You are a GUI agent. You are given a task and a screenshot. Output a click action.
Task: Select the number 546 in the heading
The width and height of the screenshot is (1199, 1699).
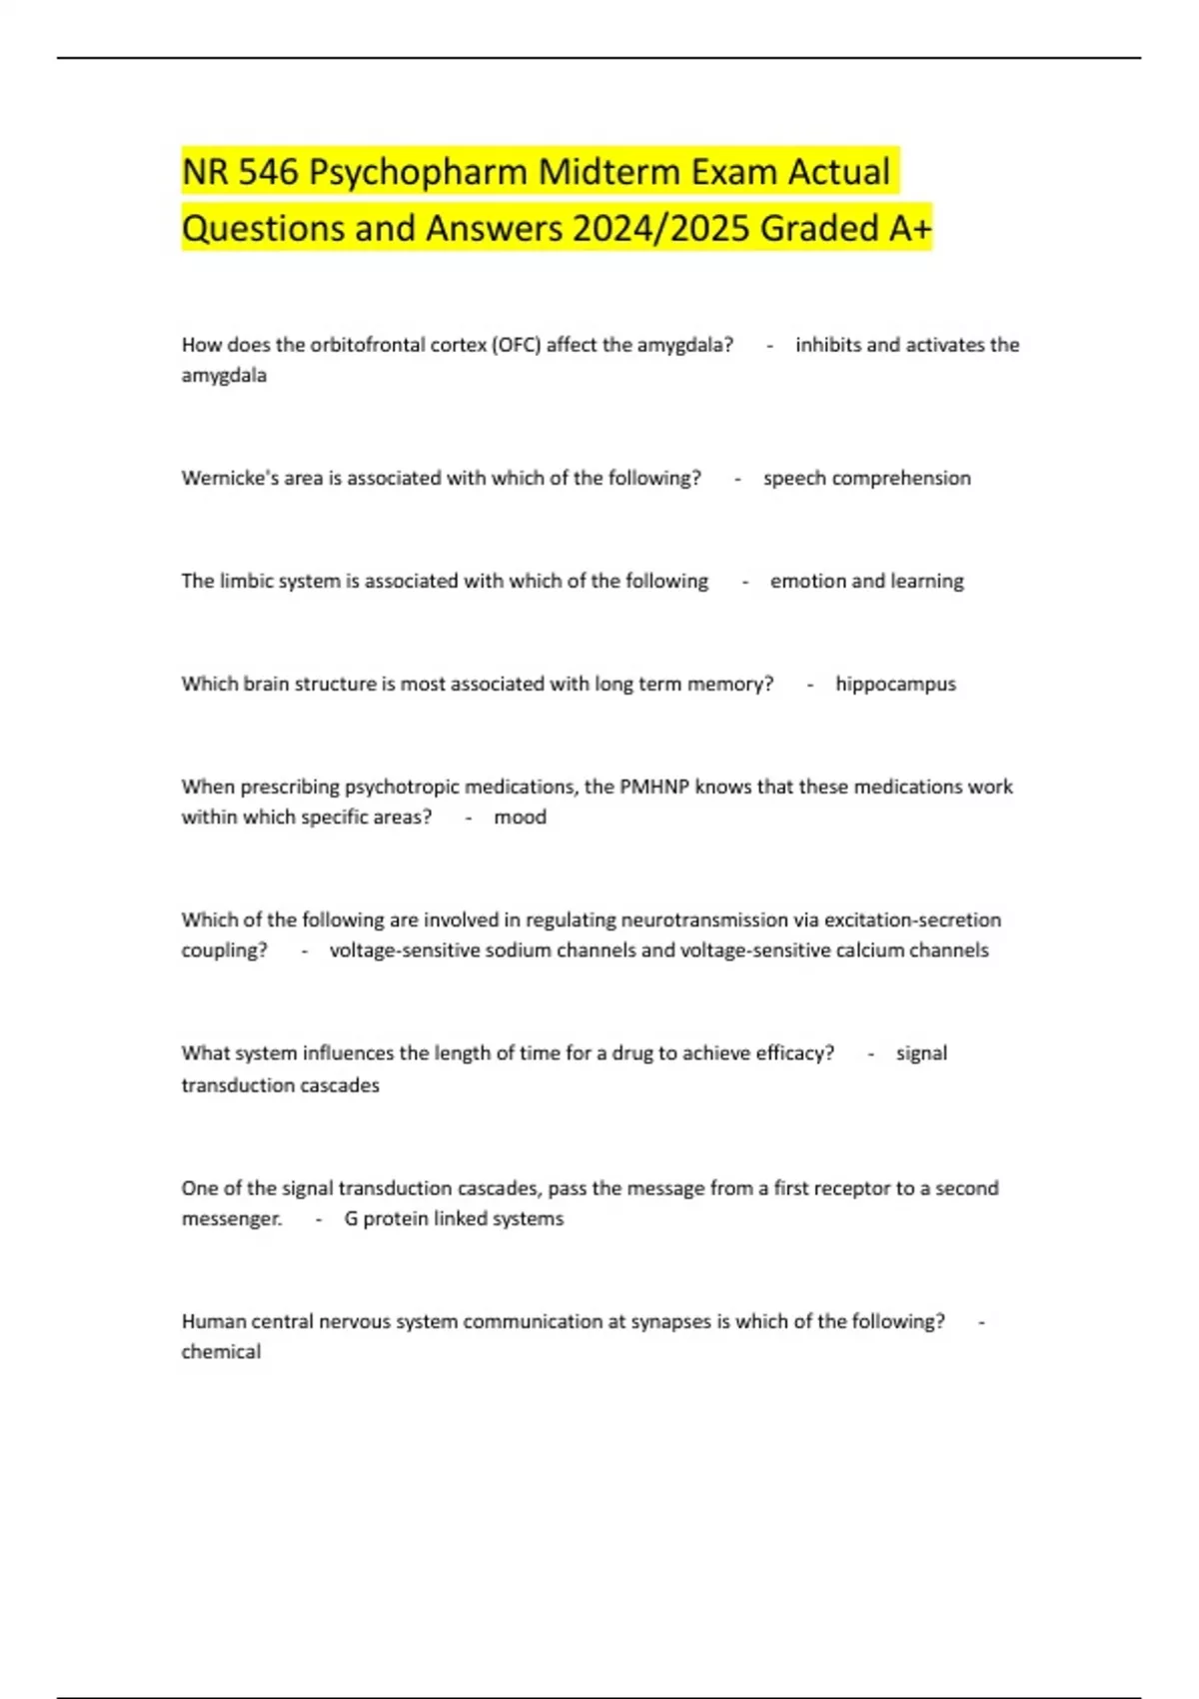click(x=269, y=172)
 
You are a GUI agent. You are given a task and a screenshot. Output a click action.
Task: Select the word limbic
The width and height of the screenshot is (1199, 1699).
click(x=246, y=581)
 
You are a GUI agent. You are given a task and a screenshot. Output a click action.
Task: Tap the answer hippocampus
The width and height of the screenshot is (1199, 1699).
click(x=895, y=684)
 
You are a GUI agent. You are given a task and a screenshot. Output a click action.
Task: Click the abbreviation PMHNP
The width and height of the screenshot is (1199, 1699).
click(x=654, y=787)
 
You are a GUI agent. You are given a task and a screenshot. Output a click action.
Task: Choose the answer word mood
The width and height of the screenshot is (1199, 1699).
click(x=520, y=817)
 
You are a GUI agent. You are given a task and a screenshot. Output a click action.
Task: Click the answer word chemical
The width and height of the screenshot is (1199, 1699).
click(x=221, y=1351)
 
